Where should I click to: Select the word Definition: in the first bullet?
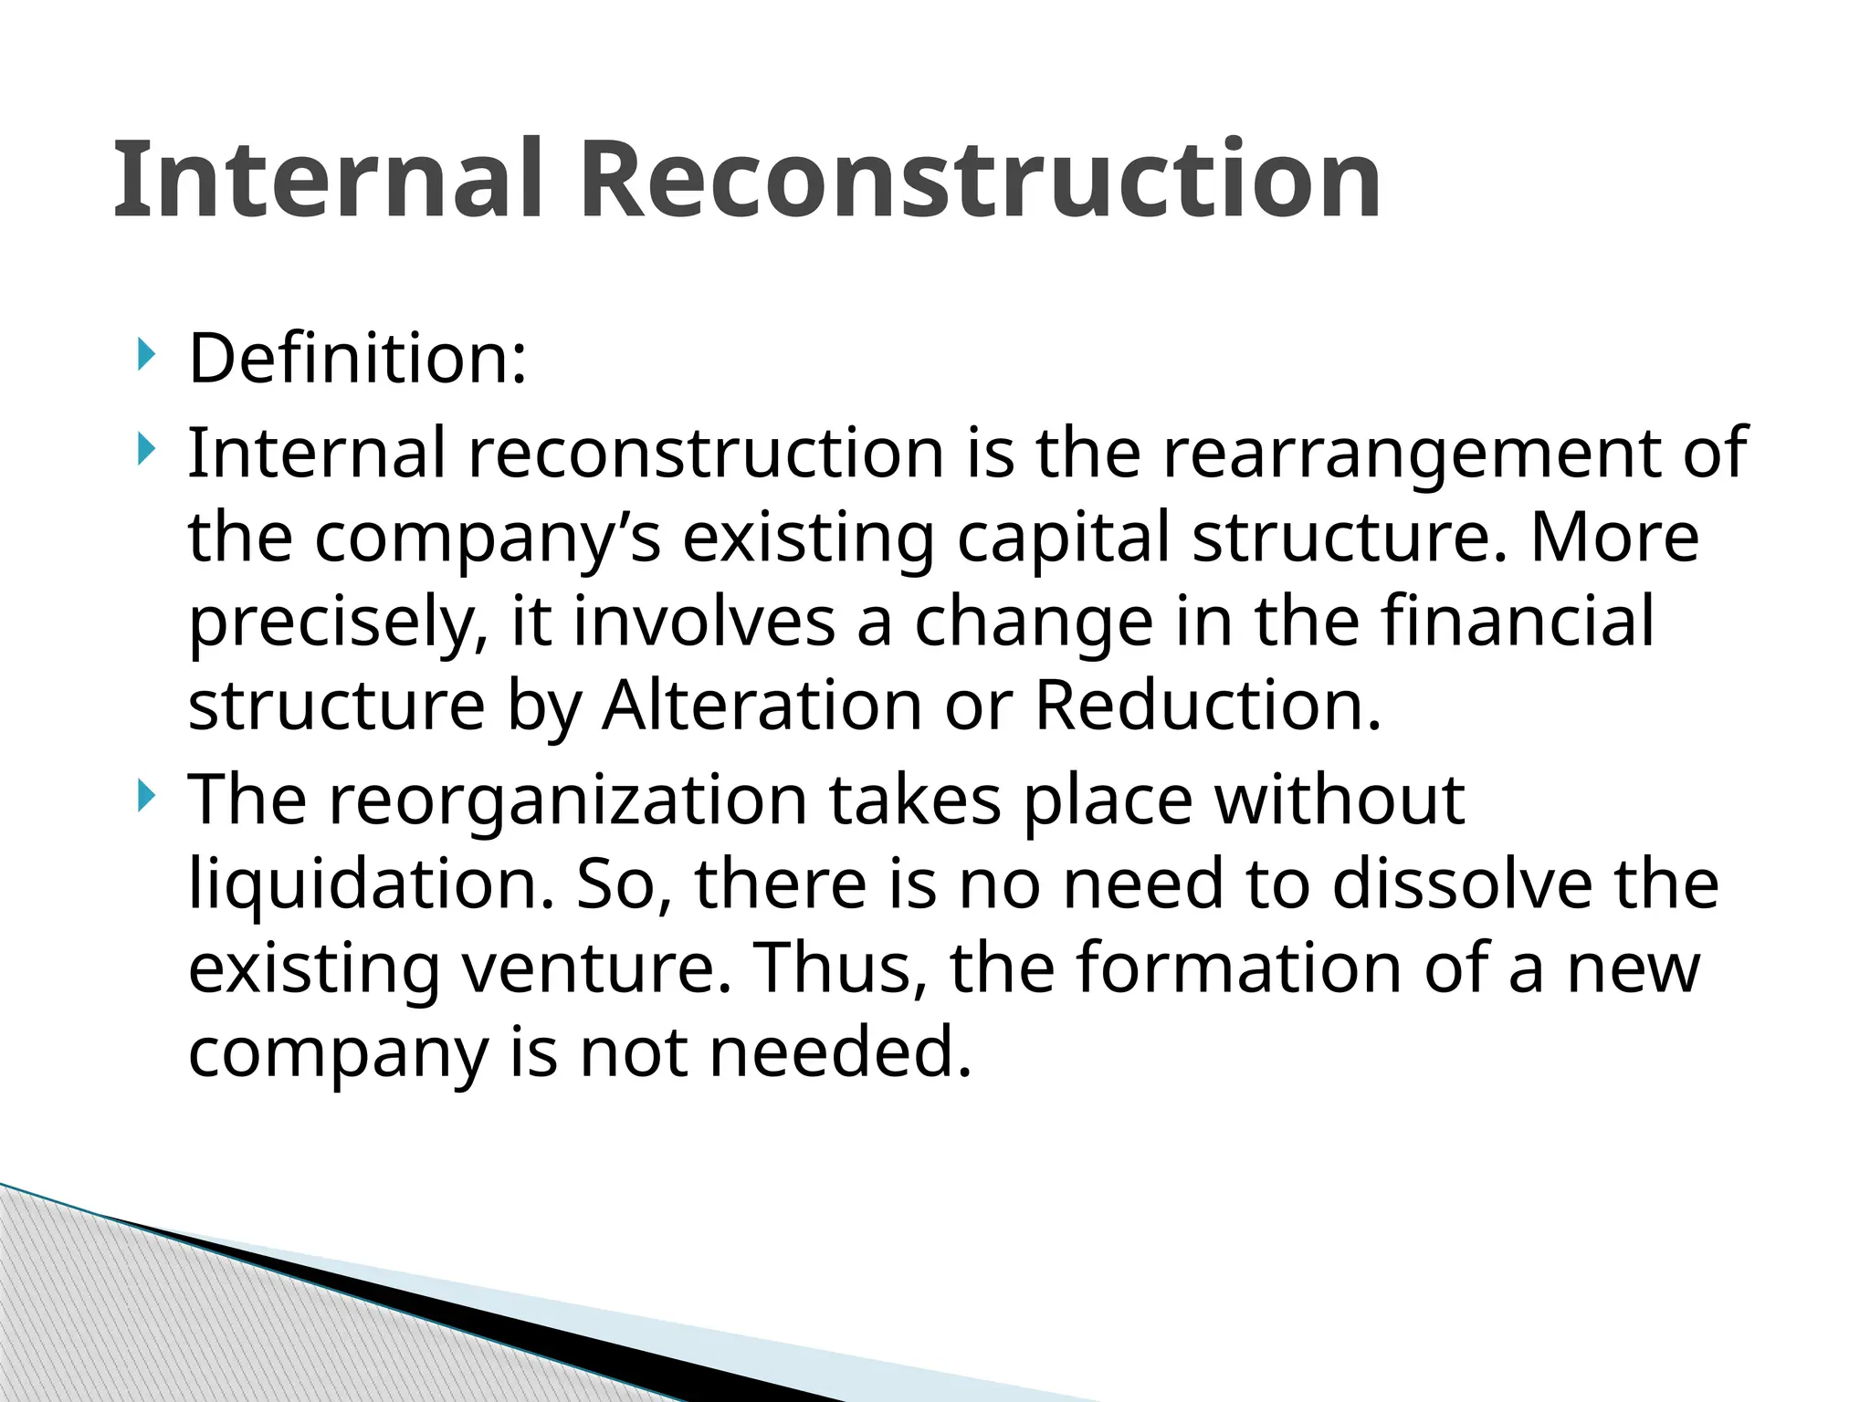(357, 359)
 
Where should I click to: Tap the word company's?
(488, 538)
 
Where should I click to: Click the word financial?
(1517, 621)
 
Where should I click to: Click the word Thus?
(836, 968)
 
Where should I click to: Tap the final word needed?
(841, 1052)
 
